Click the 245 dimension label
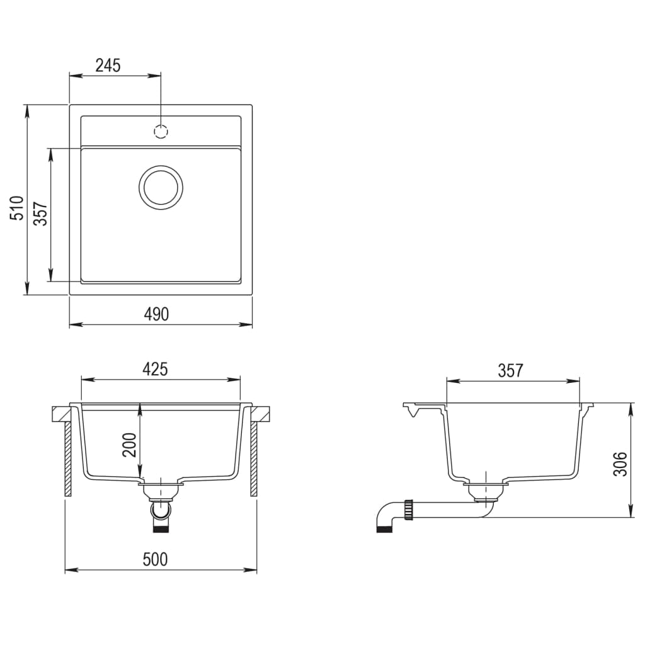pos(108,64)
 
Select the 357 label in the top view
pos(40,214)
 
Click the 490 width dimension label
pos(156,314)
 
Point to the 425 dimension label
pos(155,369)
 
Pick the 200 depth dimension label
pos(129,445)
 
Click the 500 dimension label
pos(155,559)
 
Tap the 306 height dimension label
pos(621,464)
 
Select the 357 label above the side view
pos(510,370)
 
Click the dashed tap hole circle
pos(161,132)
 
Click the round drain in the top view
pos(161,187)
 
